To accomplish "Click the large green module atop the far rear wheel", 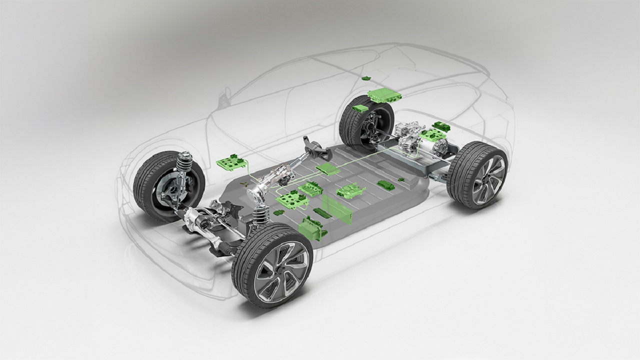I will (x=384, y=95).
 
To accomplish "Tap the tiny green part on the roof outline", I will (x=366, y=78).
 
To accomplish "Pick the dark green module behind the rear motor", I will (x=441, y=125).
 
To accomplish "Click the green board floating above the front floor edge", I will (x=231, y=162).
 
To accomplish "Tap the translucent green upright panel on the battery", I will (x=337, y=208).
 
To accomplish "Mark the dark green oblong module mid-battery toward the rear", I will (x=385, y=185).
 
